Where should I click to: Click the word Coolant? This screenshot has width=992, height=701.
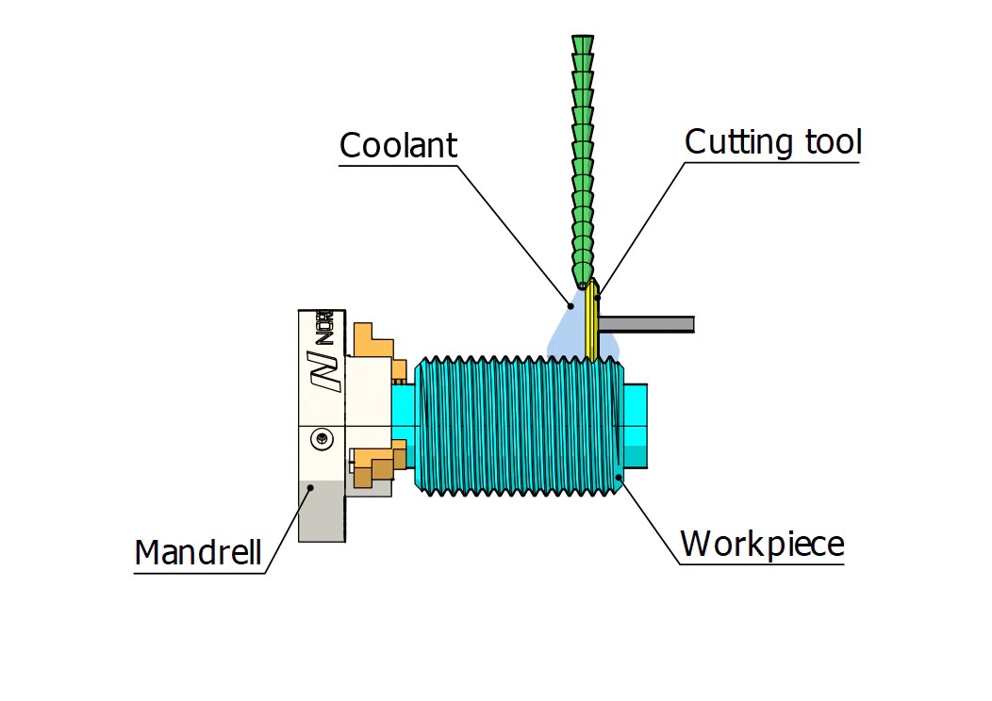pos(398,145)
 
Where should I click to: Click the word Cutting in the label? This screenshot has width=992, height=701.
pos(738,142)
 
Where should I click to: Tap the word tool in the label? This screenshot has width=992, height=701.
pos(834,142)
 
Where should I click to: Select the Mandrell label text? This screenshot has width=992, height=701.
pos(198,552)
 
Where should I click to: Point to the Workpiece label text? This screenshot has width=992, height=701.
pos(762,544)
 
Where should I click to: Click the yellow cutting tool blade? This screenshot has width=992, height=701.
pos(592,319)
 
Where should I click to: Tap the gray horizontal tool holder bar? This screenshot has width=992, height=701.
pos(646,324)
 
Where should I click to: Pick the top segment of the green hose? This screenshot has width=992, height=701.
pos(583,44)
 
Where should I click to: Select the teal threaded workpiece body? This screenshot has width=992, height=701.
pos(519,425)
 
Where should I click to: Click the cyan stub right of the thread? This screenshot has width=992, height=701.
pos(636,426)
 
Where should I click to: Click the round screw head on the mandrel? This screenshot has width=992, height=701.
pos(322,439)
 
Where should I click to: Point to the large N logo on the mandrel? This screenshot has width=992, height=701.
pos(326,371)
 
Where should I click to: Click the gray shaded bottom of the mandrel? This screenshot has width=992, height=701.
pos(322,511)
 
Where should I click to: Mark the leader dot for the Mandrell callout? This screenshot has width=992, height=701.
pos(310,487)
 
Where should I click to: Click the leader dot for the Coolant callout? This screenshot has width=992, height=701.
pos(570,306)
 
